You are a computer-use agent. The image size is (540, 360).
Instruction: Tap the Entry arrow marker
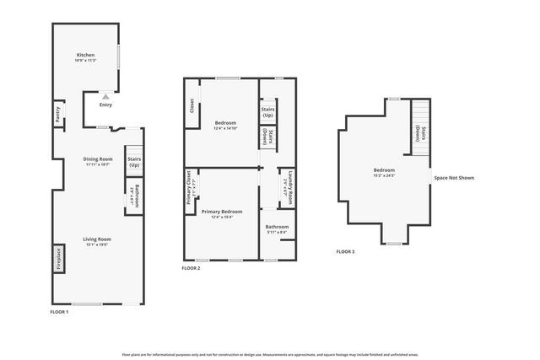pos(105,98)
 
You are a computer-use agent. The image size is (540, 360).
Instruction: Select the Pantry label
pos(57,115)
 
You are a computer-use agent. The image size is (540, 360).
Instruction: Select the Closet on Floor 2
pos(192,107)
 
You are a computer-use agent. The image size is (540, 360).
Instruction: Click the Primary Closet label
pos(190,192)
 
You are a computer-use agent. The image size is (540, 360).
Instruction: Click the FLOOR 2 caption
pos(191,268)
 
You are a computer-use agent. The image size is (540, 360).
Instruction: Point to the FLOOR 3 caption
pos(345,251)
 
